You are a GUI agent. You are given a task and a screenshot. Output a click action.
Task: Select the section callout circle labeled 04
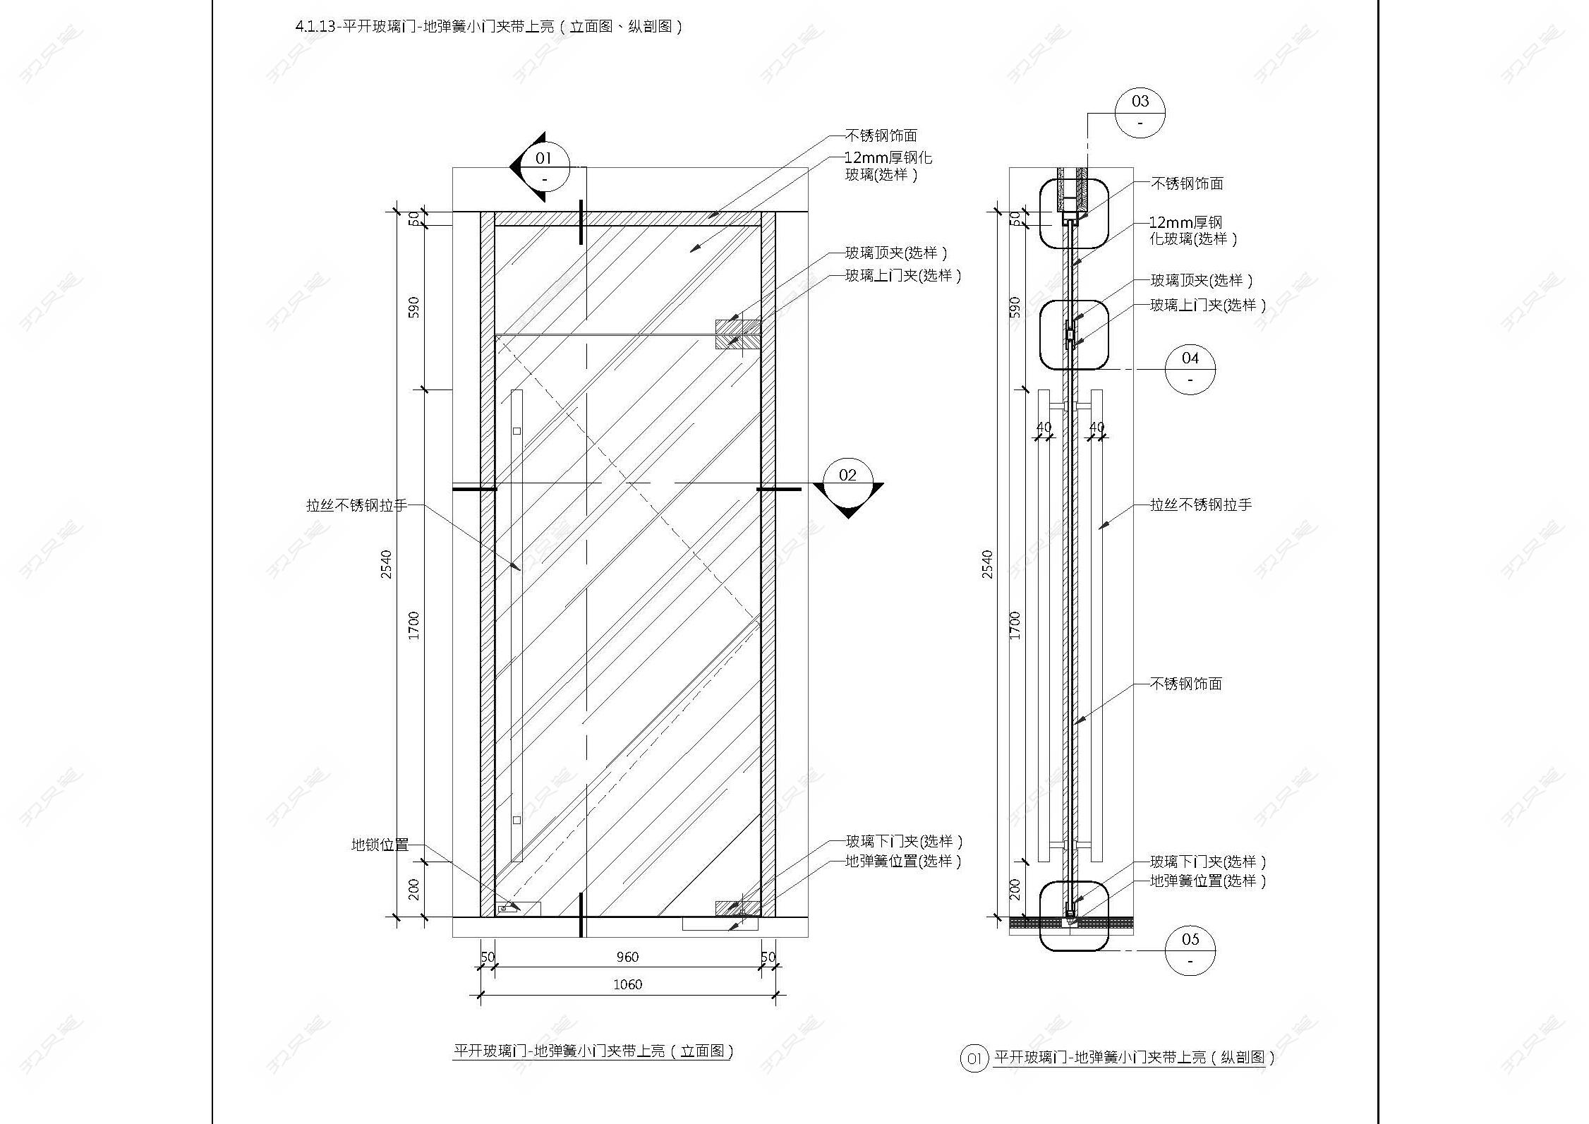tap(1190, 369)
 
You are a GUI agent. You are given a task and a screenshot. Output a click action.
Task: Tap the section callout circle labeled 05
tap(1190, 950)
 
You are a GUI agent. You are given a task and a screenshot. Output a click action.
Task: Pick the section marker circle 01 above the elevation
tap(544, 167)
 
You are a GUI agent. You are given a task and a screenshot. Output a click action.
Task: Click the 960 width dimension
tap(627, 957)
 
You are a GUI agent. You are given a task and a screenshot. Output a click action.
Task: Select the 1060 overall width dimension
tap(627, 984)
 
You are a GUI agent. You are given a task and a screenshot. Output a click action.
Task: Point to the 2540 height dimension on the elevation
tap(386, 564)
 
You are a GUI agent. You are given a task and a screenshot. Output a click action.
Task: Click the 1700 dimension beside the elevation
tap(413, 625)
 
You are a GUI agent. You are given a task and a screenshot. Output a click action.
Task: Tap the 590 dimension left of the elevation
tap(413, 307)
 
